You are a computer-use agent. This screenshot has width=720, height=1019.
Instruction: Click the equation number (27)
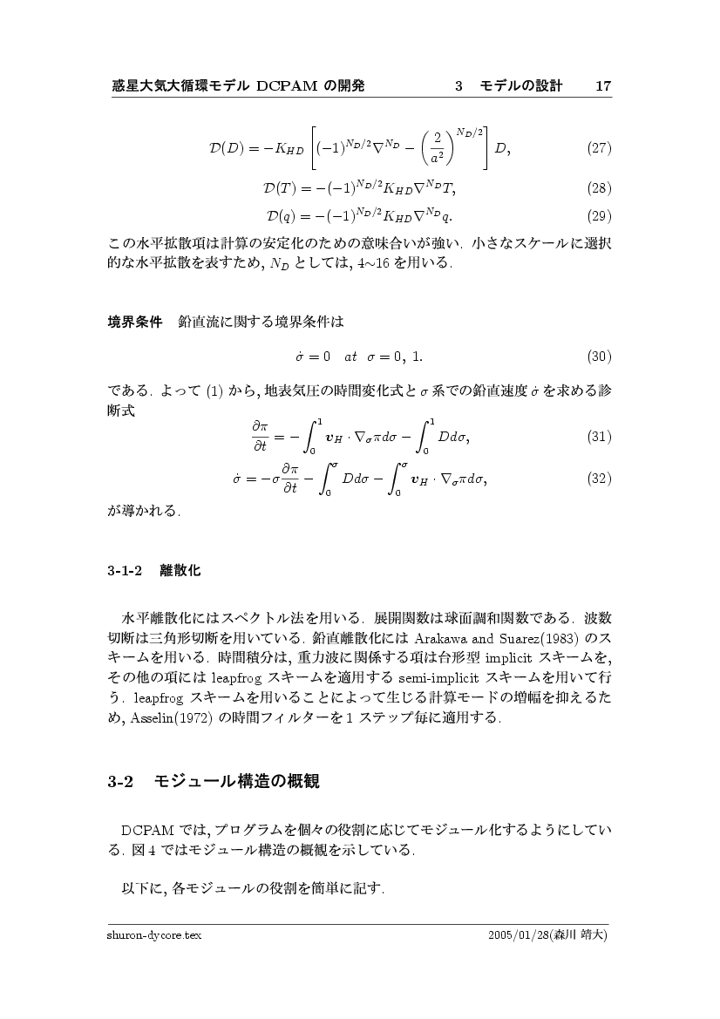pos(598,147)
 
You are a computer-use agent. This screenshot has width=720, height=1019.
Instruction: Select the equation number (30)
pos(598,357)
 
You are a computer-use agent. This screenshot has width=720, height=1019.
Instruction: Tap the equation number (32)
pos(598,478)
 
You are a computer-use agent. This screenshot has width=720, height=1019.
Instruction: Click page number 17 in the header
pos(603,85)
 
